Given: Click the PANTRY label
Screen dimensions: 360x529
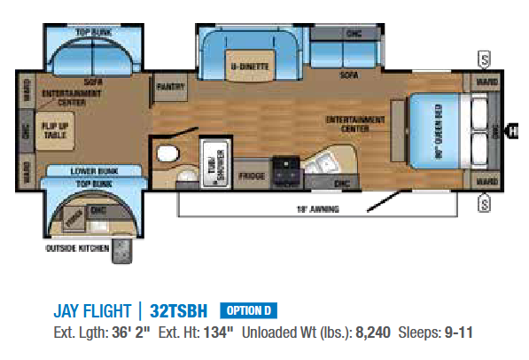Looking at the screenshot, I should point(168,88).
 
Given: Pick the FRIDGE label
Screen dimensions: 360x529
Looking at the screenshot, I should point(253,176).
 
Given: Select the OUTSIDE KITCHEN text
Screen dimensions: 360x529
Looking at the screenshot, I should point(76,248).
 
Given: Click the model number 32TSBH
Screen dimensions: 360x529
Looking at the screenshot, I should point(178,311).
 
